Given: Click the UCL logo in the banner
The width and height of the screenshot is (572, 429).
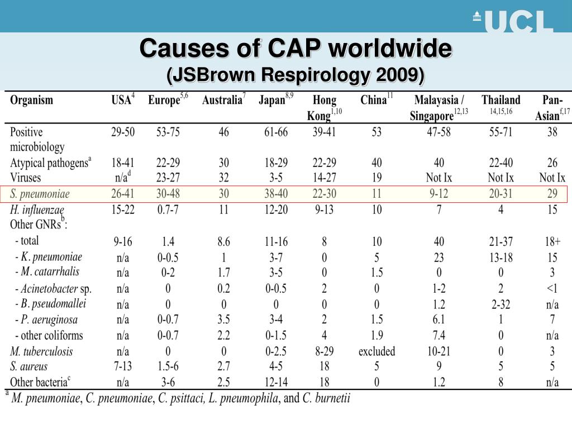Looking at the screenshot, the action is pyautogui.click(x=513, y=21).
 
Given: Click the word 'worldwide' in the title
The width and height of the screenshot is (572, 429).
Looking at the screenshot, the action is pyautogui.click(x=390, y=48).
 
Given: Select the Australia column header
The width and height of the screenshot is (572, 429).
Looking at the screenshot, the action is pyautogui.click(x=223, y=99).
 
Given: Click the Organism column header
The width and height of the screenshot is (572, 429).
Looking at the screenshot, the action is pyautogui.click(x=31, y=100).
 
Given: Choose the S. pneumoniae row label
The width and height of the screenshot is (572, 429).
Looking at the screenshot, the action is pyautogui.click(x=40, y=194).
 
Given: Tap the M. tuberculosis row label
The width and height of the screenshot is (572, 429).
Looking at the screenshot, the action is pyautogui.click(x=41, y=351).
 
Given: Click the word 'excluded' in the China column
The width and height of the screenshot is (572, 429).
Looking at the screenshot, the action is pyautogui.click(x=376, y=351).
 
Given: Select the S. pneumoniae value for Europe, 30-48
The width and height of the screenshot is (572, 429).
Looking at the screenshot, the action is pyautogui.click(x=168, y=193).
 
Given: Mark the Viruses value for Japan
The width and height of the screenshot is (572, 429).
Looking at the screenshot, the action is pyautogui.click(x=276, y=178).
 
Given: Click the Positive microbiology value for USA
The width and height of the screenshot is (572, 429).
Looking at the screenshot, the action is pyautogui.click(x=123, y=132).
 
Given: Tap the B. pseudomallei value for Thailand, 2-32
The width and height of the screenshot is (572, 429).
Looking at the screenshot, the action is pyautogui.click(x=501, y=304).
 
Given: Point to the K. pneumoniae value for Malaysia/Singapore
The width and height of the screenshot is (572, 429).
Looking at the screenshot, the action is pyautogui.click(x=439, y=258).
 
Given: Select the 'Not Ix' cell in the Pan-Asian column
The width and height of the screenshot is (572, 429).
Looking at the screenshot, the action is pyautogui.click(x=552, y=178).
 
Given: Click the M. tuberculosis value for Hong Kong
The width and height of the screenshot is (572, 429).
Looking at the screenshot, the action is pyautogui.click(x=325, y=351).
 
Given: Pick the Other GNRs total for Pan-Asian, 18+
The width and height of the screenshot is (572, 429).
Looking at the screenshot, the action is pyautogui.click(x=552, y=241).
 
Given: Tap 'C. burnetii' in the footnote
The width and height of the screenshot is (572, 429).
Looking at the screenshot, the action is pyautogui.click(x=326, y=398).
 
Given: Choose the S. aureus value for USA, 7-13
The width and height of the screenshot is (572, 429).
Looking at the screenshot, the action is pyautogui.click(x=123, y=366).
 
